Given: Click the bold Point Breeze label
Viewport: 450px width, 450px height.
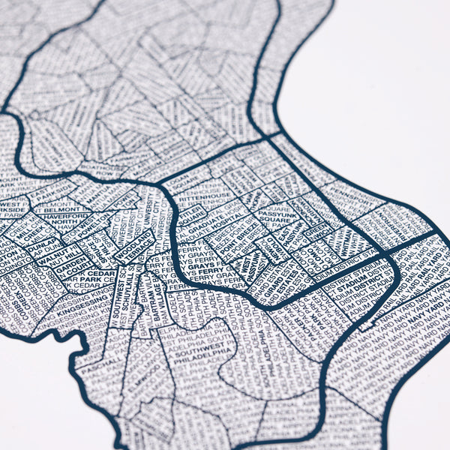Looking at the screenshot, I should tap(225, 242).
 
